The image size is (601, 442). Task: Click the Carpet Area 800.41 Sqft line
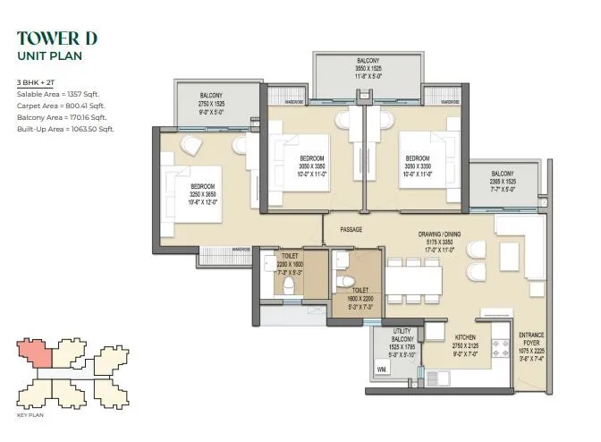click(x=61, y=106)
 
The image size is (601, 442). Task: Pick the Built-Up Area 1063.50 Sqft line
click(x=65, y=129)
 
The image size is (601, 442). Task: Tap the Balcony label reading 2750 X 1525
click(x=211, y=102)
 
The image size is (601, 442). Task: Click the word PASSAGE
click(x=351, y=229)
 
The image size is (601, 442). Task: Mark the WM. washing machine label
click(x=382, y=368)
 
